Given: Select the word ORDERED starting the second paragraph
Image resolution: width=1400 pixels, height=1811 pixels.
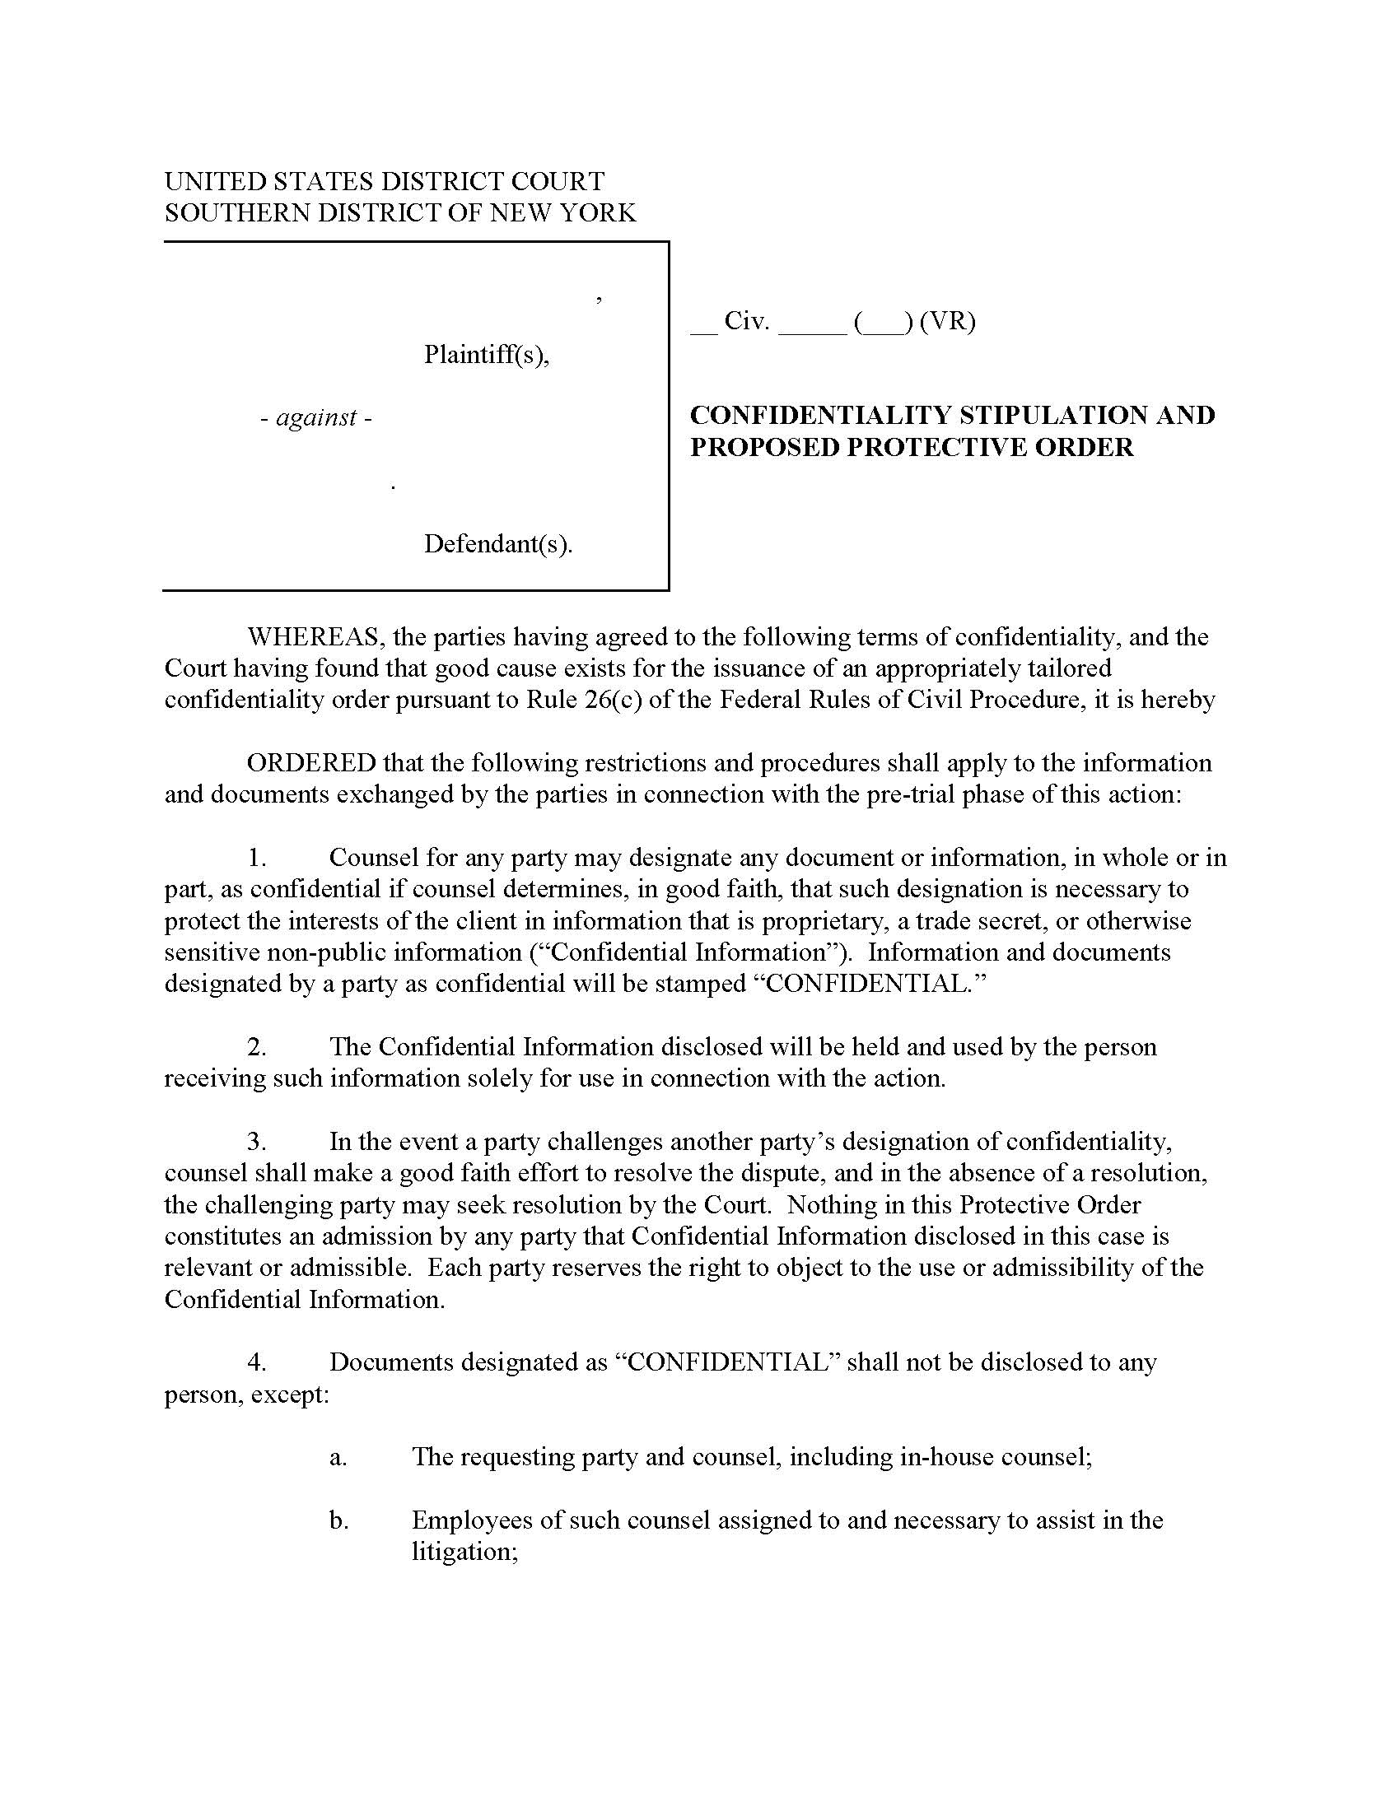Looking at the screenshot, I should click(311, 763).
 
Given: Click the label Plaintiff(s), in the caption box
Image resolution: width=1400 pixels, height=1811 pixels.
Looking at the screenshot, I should click(486, 354).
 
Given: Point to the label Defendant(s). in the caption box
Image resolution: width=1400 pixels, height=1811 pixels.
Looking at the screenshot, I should click(497, 543).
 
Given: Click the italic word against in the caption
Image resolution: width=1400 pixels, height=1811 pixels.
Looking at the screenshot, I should click(316, 417).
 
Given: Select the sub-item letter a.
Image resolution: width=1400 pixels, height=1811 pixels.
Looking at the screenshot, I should click(338, 1457).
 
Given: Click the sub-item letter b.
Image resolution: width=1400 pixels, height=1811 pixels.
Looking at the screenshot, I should click(338, 1520).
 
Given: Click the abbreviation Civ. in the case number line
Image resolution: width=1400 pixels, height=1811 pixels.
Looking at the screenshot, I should click(746, 321).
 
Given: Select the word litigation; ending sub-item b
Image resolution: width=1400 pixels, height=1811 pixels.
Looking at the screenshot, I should click(464, 1552).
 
